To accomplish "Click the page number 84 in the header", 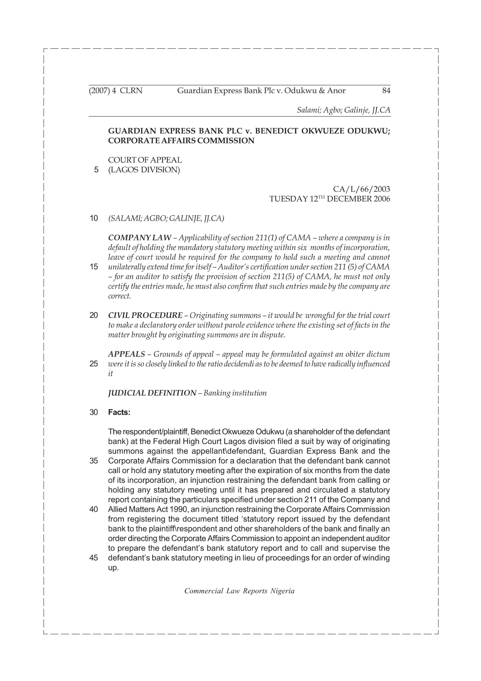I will pos(386,91).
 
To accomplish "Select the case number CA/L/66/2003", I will pos(361,189).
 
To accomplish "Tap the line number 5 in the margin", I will pos(96,170).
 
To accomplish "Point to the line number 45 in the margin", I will pos(94,558).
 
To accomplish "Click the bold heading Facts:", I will pos(119,413).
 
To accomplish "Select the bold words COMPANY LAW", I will pos(140,238).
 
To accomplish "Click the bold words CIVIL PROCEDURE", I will pos(145,315).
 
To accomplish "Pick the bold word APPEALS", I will pos(126,354).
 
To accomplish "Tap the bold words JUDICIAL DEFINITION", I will pos(152,393).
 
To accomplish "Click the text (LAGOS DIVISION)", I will pos(144,170).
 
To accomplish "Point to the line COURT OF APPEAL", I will pos(145,160).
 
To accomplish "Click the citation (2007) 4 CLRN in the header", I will pos(116,91).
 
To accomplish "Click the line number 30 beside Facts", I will pos(94,413).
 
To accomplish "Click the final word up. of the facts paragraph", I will pos(113,568).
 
